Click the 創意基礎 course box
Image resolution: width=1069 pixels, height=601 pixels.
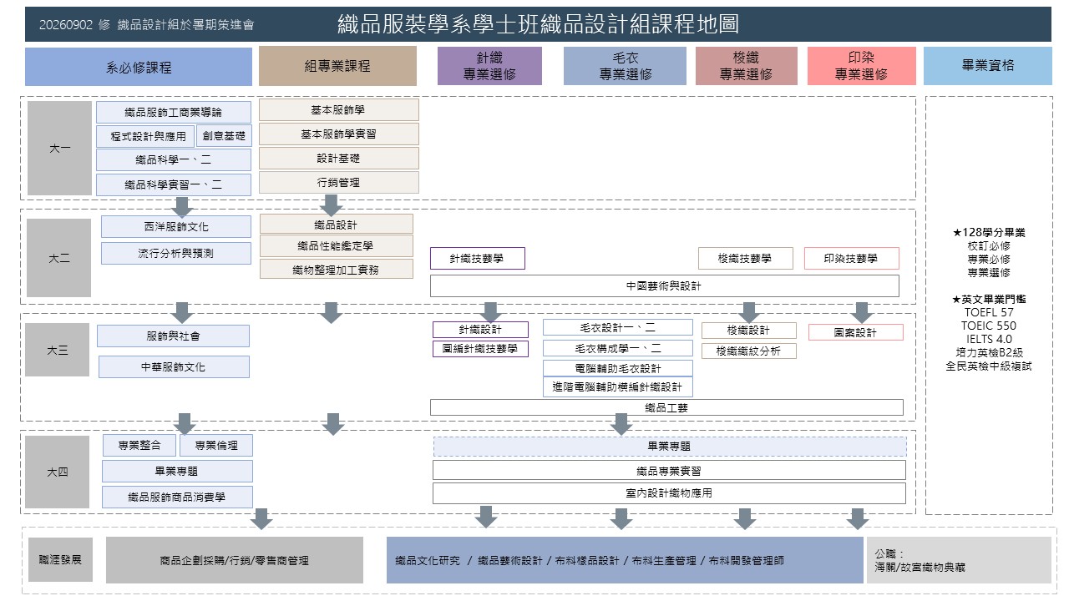(224, 136)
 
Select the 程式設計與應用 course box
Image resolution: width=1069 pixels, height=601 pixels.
(145, 136)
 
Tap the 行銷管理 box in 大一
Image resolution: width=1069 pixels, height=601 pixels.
(339, 182)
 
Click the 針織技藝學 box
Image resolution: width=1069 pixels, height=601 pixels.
(477, 259)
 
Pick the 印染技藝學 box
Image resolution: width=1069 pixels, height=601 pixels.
(851, 259)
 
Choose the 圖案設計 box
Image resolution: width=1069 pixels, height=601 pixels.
(856, 332)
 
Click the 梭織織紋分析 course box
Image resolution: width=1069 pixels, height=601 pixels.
(749, 351)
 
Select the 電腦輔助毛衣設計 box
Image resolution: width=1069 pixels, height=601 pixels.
(617, 368)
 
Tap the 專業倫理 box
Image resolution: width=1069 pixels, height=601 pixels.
(216, 446)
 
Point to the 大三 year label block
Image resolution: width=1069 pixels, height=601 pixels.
(58, 350)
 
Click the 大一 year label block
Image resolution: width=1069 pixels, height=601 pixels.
(59, 148)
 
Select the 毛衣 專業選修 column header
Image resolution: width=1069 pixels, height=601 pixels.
(625, 66)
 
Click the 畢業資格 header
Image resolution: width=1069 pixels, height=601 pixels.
(987, 66)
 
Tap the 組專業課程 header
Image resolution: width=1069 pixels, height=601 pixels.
(337, 66)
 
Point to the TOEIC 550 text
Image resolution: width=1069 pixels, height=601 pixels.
(988, 326)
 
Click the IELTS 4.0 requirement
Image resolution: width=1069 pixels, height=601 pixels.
(988, 339)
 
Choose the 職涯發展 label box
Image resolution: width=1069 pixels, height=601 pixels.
(60, 559)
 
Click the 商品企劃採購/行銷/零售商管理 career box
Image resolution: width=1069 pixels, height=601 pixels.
(235, 560)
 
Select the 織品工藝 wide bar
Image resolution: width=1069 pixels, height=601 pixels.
(666, 407)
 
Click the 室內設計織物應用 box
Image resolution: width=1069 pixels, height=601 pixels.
(669, 493)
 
